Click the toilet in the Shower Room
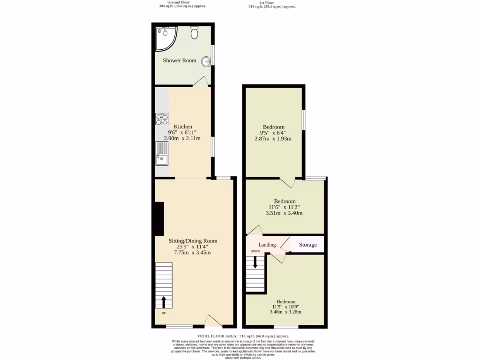click(195, 32)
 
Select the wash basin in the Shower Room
click(206, 61)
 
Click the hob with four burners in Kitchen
click(162, 120)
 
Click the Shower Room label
click(180, 60)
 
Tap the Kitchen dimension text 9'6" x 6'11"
click(183, 133)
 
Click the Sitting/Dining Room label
click(193, 241)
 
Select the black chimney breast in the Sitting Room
click(159, 218)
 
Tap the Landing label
click(267, 245)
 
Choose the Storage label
click(308, 245)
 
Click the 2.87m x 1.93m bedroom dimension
click(273, 139)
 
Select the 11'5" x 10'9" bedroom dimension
click(285, 307)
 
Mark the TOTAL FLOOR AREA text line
click(243, 336)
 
